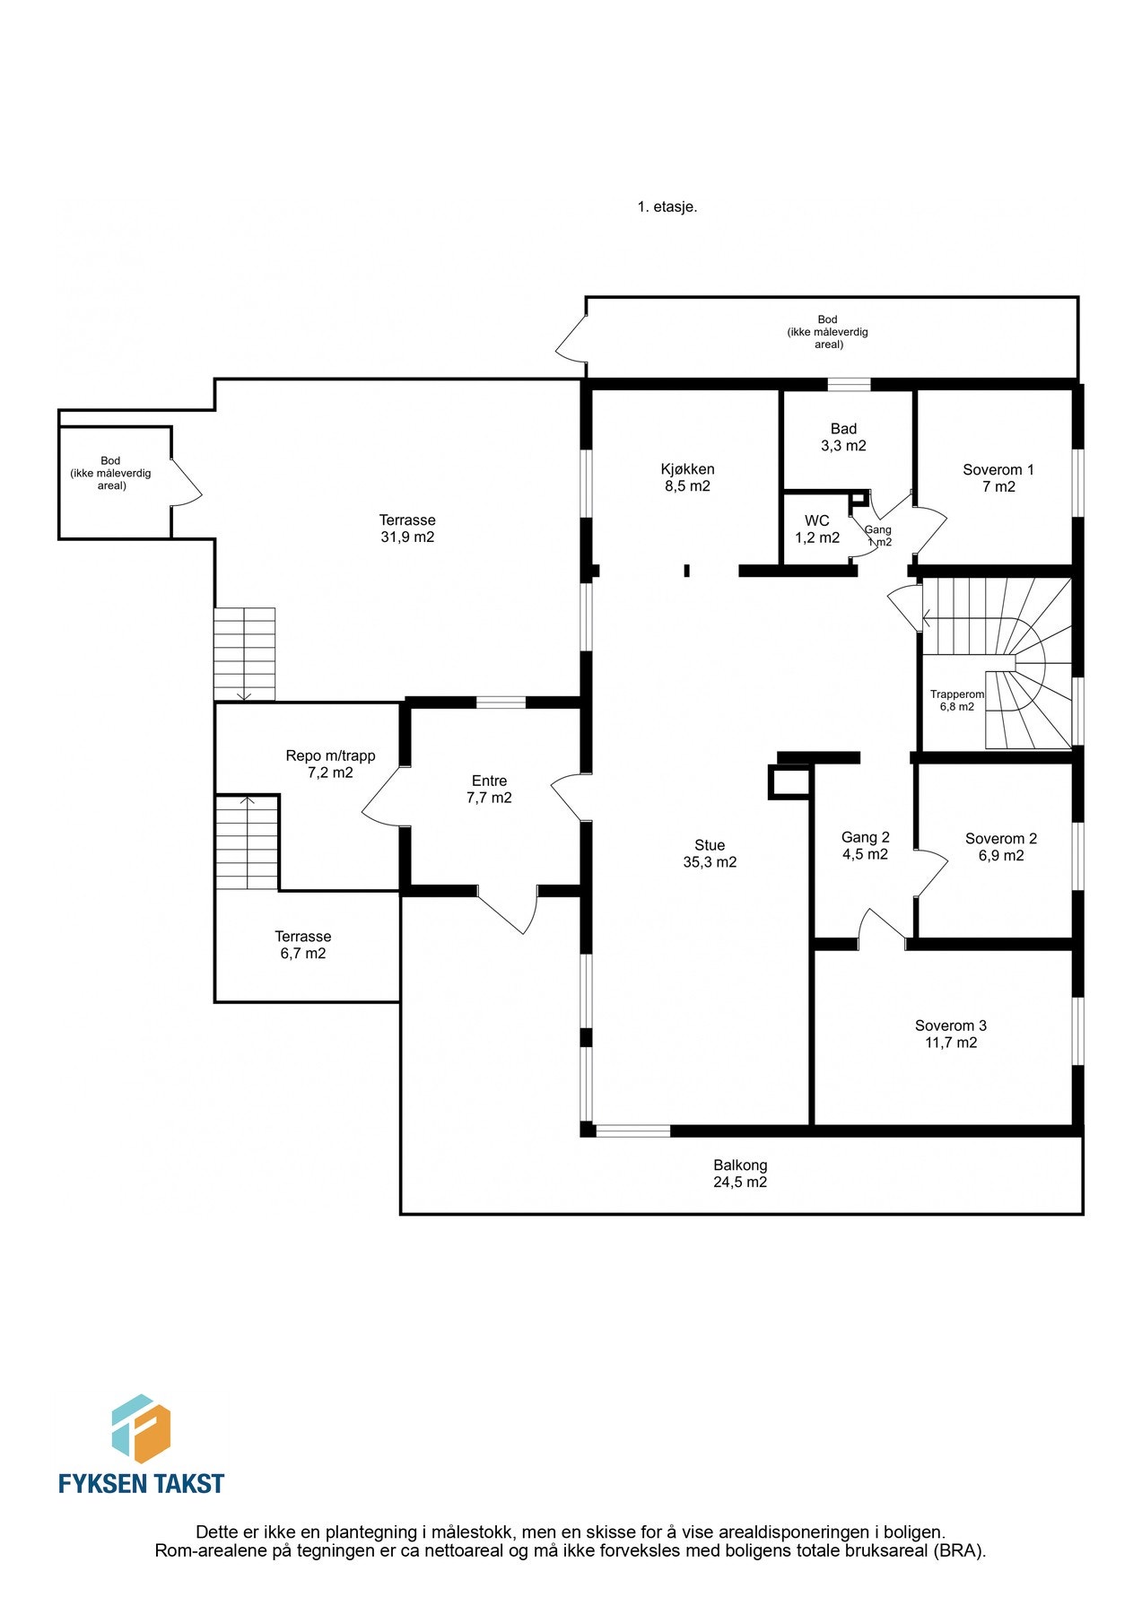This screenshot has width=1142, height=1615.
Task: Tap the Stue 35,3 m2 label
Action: pos(710,853)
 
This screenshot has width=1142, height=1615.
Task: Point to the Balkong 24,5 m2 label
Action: pos(740,1174)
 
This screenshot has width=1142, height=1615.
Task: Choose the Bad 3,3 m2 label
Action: pos(843,437)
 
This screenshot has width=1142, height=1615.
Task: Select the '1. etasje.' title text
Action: pos(667,206)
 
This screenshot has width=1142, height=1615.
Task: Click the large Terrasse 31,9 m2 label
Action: pos(407,528)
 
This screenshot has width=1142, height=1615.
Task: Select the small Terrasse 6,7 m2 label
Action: pos(303,945)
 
